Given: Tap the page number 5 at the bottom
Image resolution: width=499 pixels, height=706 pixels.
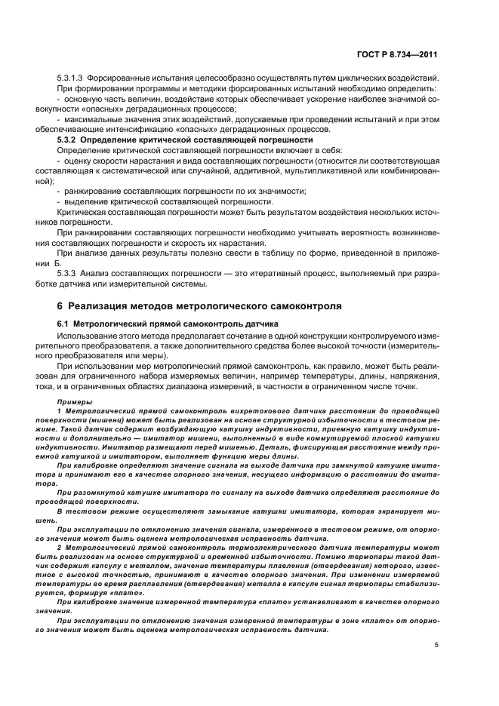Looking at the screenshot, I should [x=436, y=645].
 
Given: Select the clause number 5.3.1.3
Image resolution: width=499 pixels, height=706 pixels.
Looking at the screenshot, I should [x=70, y=79].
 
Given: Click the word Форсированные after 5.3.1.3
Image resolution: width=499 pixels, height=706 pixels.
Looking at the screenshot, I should [x=120, y=79].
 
